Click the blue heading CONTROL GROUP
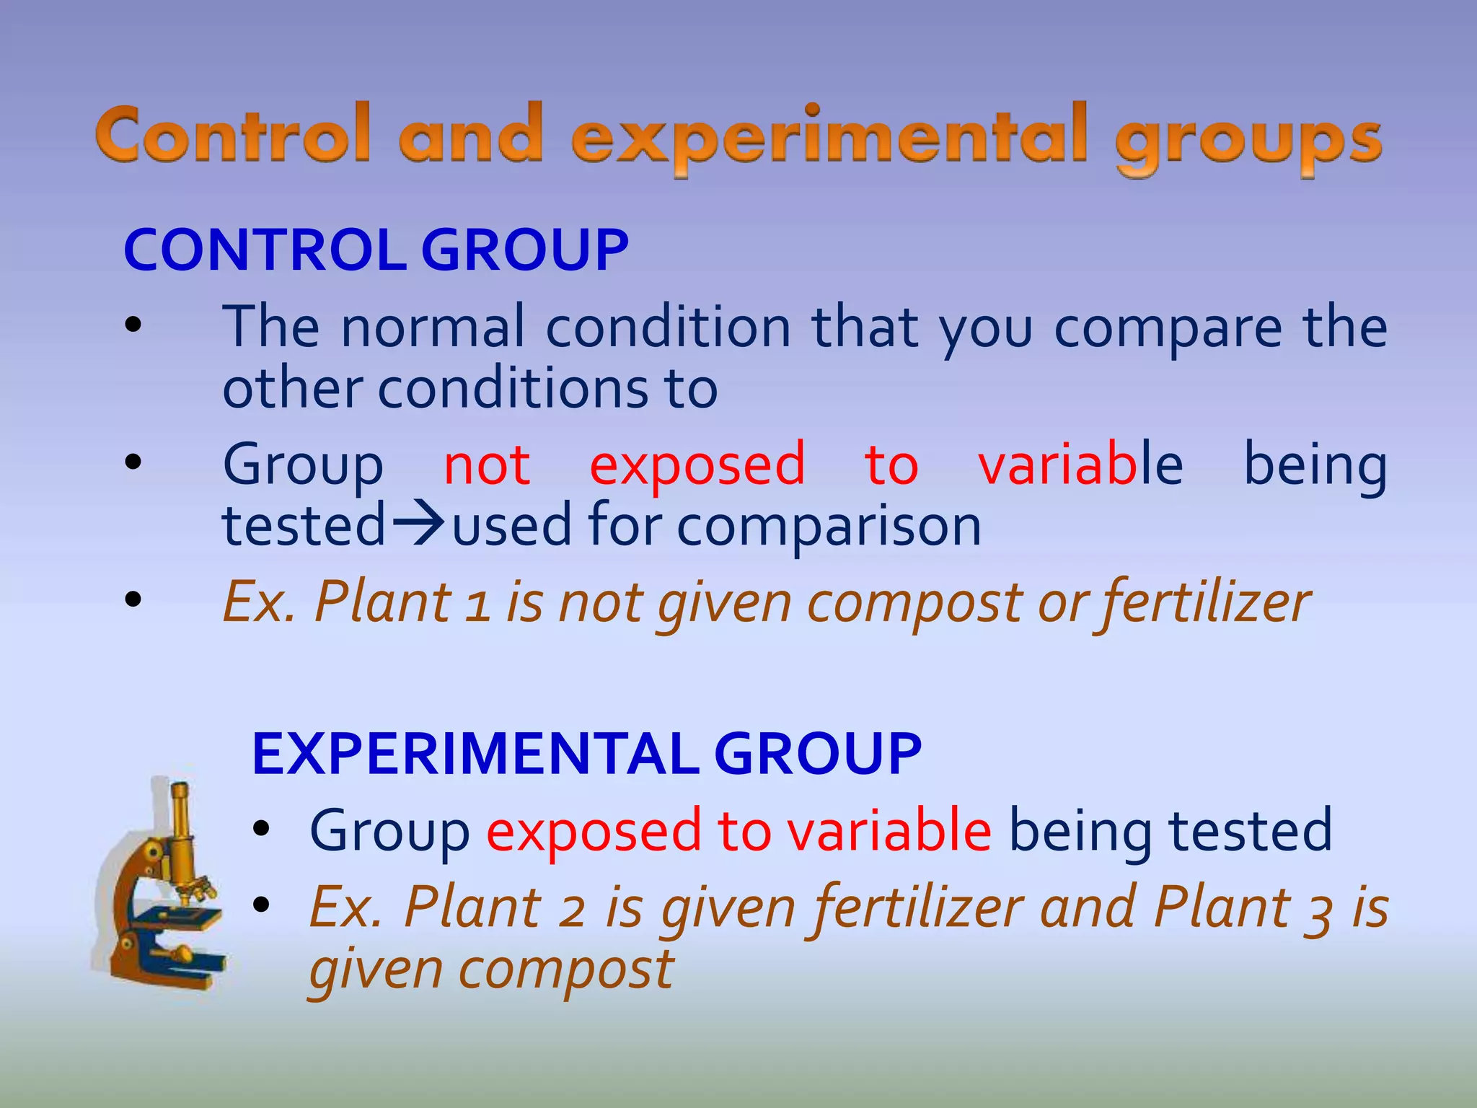pyautogui.click(x=376, y=250)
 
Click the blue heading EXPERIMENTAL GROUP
pyautogui.click(x=586, y=754)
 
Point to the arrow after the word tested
pyautogui.click(x=418, y=524)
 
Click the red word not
pyautogui.click(x=487, y=465)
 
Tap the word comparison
pyautogui.click(x=829, y=527)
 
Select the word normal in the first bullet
pyautogui.click(x=433, y=328)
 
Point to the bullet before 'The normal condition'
pyautogui.click(x=133, y=326)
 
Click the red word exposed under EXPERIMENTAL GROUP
pyautogui.click(x=593, y=832)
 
